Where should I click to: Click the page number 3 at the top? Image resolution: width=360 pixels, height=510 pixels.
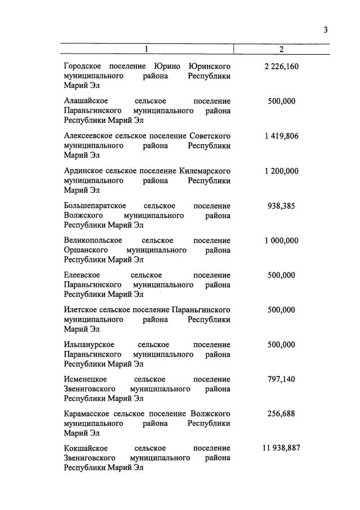point(326,30)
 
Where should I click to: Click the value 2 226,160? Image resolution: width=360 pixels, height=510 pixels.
point(281,67)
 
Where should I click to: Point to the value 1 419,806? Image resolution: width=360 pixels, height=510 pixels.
point(281,136)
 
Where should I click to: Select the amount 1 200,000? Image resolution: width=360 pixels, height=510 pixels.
point(281,171)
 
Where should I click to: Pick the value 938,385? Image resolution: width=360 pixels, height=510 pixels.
point(281,206)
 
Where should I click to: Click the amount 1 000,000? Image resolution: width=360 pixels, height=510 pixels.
point(281,241)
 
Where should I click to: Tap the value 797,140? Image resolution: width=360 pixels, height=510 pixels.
point(281,379)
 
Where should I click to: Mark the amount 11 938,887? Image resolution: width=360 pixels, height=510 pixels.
point(281,449)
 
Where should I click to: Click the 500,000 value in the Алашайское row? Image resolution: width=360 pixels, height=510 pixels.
point(281,101)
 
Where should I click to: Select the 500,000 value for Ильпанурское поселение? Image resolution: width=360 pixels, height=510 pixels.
point(281,344)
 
